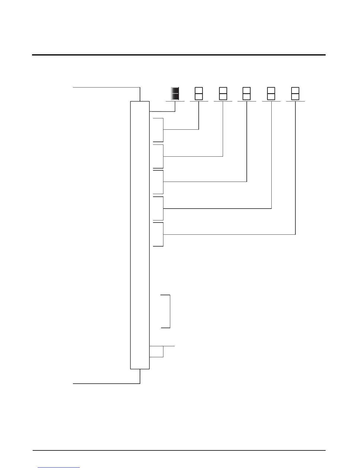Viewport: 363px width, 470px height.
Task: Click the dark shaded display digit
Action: point(175,93)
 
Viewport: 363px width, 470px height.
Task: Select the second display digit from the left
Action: point(199,93)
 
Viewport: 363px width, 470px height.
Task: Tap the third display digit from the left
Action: point(223,93)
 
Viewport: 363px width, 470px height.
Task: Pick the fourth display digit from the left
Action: point(246,93)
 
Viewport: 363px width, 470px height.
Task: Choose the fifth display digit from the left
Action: point(271,93)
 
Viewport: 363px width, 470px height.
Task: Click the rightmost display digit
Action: point(295,93)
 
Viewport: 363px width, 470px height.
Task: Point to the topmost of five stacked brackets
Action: point(158,130)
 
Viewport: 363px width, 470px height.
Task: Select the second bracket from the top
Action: point(158,156)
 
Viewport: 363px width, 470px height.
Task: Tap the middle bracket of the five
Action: point(158,182)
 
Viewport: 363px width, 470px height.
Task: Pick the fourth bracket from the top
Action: point(158,208)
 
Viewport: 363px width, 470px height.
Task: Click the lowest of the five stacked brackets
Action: point(158,234)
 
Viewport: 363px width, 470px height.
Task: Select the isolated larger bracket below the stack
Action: point(166,311)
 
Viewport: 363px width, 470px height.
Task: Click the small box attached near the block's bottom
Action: point(157,352)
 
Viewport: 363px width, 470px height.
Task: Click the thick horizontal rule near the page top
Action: point(179,55)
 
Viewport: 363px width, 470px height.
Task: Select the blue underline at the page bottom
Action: point(59,467)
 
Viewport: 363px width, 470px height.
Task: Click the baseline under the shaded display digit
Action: point(175,101)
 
